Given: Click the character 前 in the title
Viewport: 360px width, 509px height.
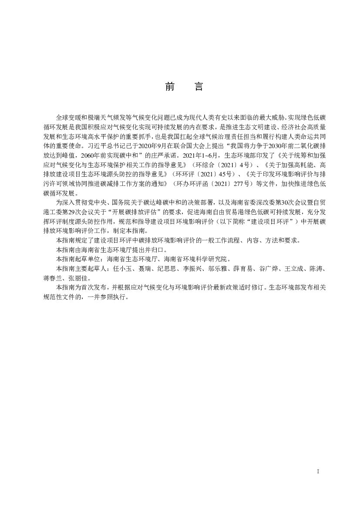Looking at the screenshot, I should [170, 87].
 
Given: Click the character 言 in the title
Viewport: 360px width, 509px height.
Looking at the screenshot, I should [198, 87].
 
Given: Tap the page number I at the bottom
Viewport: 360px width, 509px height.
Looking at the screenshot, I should [318, 472].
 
